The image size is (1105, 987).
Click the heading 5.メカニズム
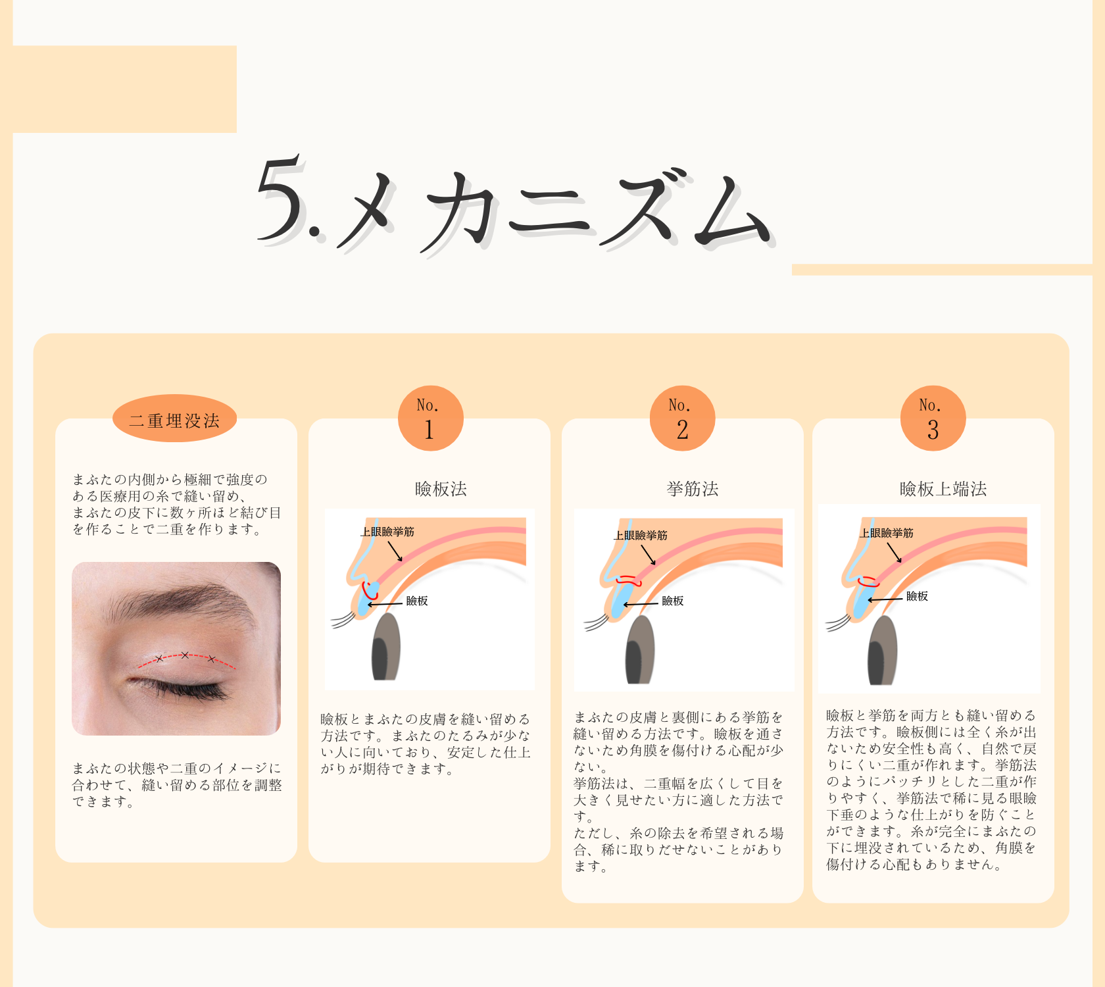tap(513, 204)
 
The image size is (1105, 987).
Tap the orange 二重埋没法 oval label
tap(174, 419)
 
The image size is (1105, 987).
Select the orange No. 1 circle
tap(430, 418)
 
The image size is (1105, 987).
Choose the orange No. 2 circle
tap(682, 418)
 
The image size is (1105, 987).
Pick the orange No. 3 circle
tap(933, 418)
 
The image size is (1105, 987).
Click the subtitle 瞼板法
tap(441, 489)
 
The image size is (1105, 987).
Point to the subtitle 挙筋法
tap(693, 489)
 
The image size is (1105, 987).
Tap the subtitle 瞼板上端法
tap(943, 489)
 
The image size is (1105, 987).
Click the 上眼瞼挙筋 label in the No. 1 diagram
tap(387, 532)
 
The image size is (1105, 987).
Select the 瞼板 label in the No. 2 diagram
tap(673, 601)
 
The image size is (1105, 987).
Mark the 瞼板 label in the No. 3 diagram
tap(917, 596)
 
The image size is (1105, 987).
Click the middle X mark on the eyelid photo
tap(185, 655)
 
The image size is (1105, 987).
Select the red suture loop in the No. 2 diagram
tap(629, 580)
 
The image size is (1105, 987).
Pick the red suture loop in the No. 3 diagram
tap(869, 582)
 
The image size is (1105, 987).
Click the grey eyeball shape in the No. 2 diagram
tap(640, 650)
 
